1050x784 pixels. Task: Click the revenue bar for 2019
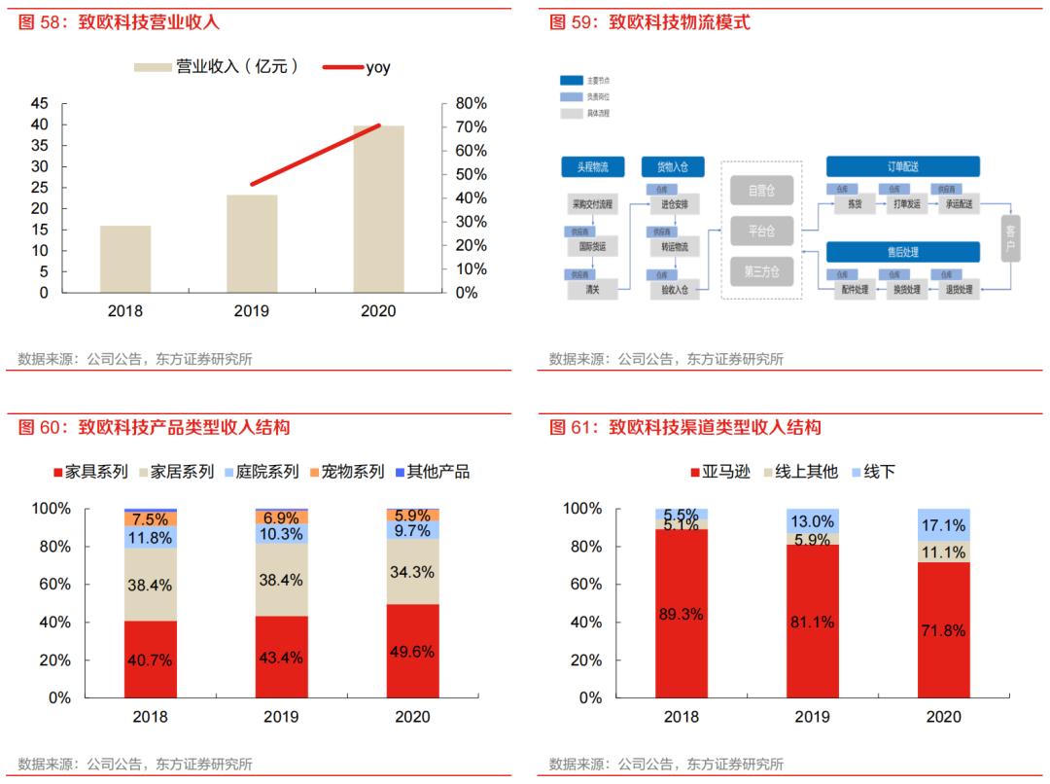point(252,243)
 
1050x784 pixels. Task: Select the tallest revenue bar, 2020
point(378,208)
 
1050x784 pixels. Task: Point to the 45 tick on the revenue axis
point(40,103)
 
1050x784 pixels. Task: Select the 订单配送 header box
point(902,166)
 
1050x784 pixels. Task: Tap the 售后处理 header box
point(902,252)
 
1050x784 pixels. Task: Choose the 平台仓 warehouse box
point(761,232)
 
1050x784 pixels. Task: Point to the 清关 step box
point(592,289)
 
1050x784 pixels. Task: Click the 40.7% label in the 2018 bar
point(150,660)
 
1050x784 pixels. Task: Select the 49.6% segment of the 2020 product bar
point(412,651)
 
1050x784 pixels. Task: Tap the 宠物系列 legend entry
point(346,472)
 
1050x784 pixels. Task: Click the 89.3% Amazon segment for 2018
point(682,614)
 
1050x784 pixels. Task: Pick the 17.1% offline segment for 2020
point(942,525)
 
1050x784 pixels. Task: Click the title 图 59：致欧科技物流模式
point(649,21)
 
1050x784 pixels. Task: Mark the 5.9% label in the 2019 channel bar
point(812,539)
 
